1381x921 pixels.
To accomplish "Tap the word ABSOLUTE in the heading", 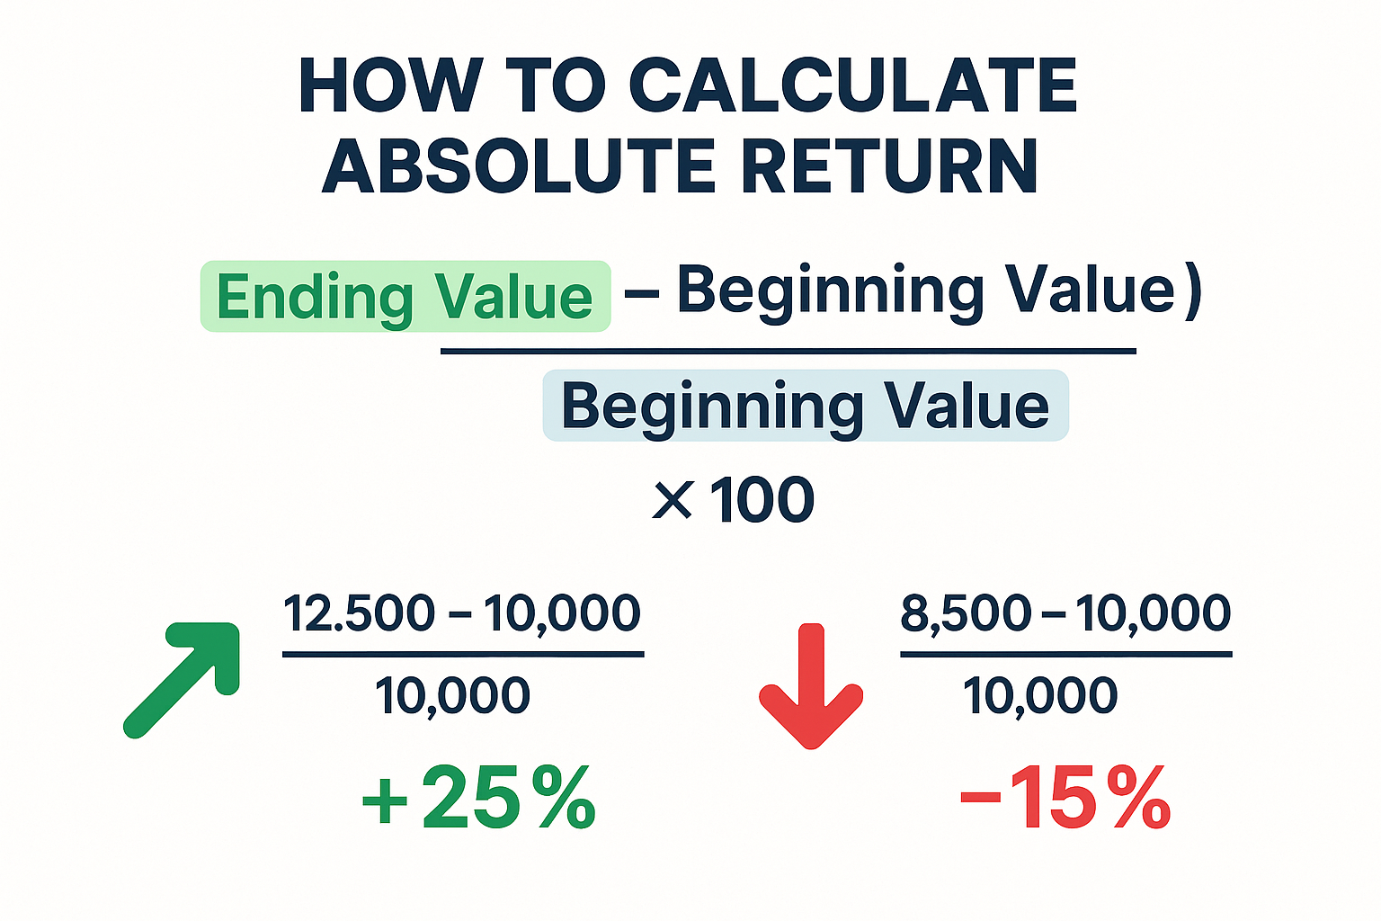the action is pyautogui.click(x=517, y=165).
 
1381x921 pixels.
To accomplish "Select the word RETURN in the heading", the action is pyautogui.click(x=890, y=165).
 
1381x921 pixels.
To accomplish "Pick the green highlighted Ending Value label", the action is pyautogui.click(x=405, y=297).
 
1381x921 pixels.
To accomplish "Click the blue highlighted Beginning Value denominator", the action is pyautogui.click(x=806, y=406).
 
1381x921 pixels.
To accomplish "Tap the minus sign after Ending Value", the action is pyautogui.click(x=642, y=295).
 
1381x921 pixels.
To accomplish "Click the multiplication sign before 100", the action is pyautogui.click(x=672, y=500).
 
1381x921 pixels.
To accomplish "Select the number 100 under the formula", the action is pyautogui.click(x=762, y=500).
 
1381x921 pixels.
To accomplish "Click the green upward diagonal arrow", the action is pyautogui.click(x=182, y=680).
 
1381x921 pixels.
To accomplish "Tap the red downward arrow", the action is pyautogui.click(x=811, y=686).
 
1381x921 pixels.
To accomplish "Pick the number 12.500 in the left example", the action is pyautogui.click(x=359, y=613).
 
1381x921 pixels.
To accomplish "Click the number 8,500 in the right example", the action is pyautogui.click(x=966, y=614).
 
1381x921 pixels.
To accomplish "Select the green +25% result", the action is pyautogui.click(x=478, y=798).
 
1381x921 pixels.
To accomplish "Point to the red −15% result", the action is pyautogui.click(x=1065, y=798).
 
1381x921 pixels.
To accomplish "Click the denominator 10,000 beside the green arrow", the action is pyautogui.click(x=452, y=696).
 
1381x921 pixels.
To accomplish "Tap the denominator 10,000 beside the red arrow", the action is pyautogui.click(x=1040, y=696).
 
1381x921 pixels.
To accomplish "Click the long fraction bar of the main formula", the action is pyautogui.click(x=788, y=351).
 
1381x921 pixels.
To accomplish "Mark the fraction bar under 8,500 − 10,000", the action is pyautogui.click(x=1066, y=654).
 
